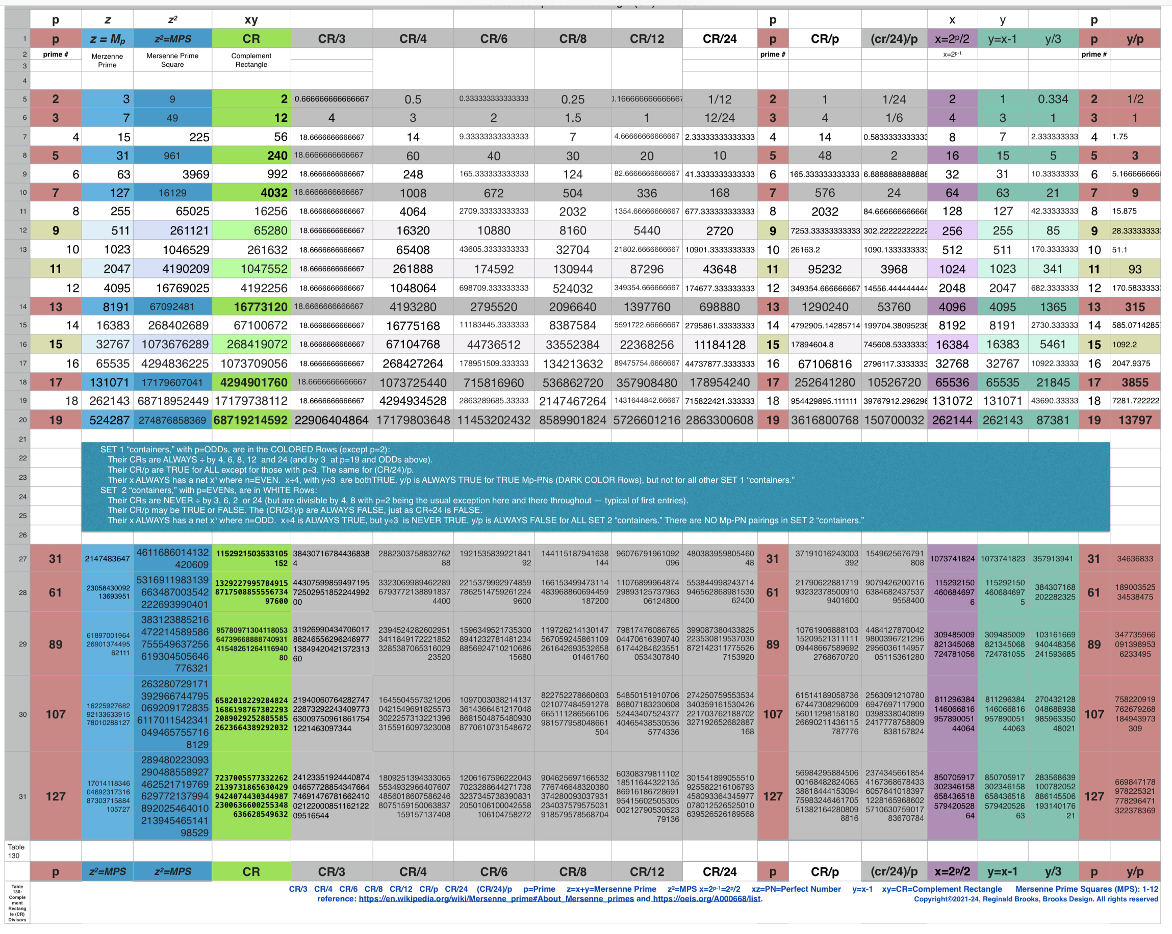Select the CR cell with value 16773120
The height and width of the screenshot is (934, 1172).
pos(261,307)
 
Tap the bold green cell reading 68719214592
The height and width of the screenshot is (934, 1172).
pos(250,420)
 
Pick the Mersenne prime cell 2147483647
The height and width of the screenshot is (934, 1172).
pos(107,559)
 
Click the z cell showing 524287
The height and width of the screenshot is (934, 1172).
pos(109,420)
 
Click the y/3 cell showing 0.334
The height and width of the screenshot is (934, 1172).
pos(1053,99)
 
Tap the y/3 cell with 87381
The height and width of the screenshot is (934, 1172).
pos(1053,420)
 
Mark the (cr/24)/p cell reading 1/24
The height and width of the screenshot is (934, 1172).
pos(894,99)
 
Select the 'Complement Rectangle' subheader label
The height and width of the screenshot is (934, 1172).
pos(251,60)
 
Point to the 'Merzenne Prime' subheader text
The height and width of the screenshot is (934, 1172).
pos(107,60)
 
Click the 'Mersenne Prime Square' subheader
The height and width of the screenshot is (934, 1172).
pos(172,60)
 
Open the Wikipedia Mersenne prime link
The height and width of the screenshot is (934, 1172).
pos(496,899)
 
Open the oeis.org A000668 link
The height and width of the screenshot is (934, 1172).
pos(706,899)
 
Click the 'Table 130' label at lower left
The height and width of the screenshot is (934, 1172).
pos(16,851)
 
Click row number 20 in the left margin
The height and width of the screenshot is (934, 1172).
pos(23,420)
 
